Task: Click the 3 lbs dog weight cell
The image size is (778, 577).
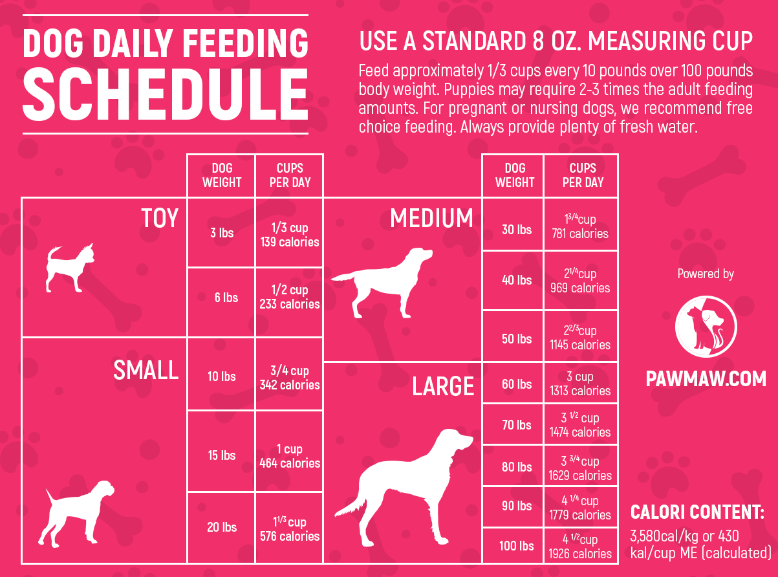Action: pyautogui.click(x=221, y=232)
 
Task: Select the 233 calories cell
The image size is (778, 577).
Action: pyautogui.click(x=289, y=298)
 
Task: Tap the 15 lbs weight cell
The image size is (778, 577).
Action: pyautogui.click(x=221, y=455)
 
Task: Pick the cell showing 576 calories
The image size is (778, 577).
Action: pyautogui.click(x=289, y=529)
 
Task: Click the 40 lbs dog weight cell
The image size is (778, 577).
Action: pyautogui.click(x=516, y=280)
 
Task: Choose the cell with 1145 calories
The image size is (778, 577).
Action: pyautogui.click(x=580, y=338)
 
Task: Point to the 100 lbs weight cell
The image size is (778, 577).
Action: pyautogui.click(x=516, y=546)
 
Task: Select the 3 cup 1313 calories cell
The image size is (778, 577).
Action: pyautogui.click(x=580, y=384)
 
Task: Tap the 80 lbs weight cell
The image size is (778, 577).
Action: pyautogui.click(x=516, y=467)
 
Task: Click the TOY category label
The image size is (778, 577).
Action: pyautogui.click(x=159, y=219)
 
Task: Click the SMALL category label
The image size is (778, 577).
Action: pyautogui.click(x=146, y=371)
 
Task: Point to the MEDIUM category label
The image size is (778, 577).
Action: pyautogui.click(x=431, y=219)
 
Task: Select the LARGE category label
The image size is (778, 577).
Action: pyautogui.click(x=443, y=387)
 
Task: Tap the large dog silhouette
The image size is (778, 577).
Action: pyautogui.click(x=407, y=485)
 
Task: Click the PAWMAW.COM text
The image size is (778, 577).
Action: pyautogui.click(x=706, y=378)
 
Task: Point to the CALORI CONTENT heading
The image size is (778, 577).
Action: pyautogui.click(x=697, y=513)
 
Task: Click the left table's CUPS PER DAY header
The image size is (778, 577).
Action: pyautogui.click(x=289, y=175)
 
